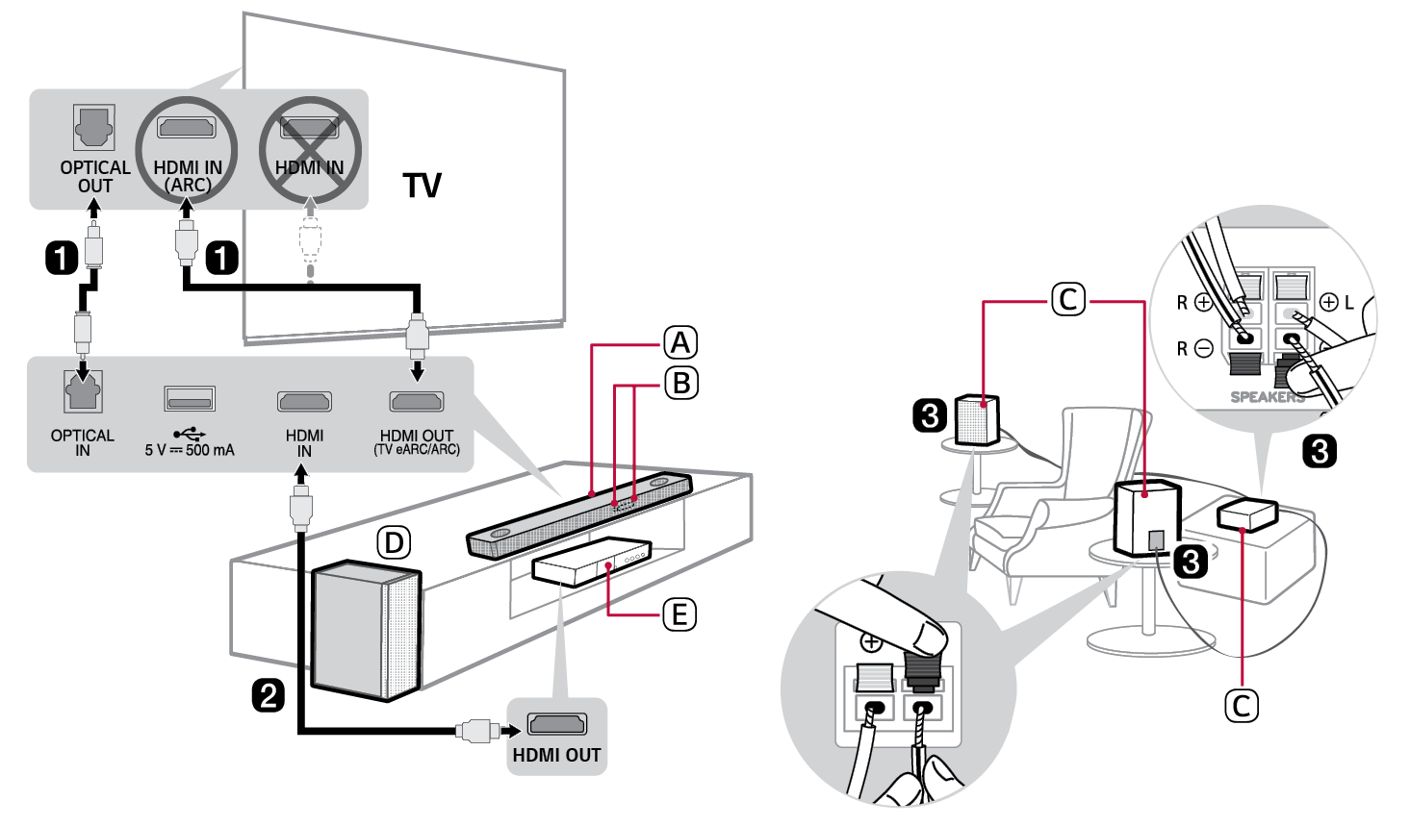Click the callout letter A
tap(680, 342)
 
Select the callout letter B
tap(680, 383)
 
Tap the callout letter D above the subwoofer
tap(393, 543)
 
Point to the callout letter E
tap(679, 613)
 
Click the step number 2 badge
tap(268, 694)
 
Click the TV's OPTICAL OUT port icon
tap(94, 128)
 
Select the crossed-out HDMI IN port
tap(310, 128)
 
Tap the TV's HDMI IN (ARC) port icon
tap(187, 128)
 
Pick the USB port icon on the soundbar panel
tap(190, 399)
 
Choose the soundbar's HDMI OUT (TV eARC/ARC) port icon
tap(417, 400)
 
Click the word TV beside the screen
tap(423, 185)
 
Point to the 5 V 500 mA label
tap(190, 450)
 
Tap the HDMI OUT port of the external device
tap(556, 724)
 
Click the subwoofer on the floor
tap(366, 630)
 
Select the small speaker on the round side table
tap(977, 419)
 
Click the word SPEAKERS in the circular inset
tap(1268, 397)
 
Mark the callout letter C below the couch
tap(1241, 706)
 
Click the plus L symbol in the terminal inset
tap(1337, 302)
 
